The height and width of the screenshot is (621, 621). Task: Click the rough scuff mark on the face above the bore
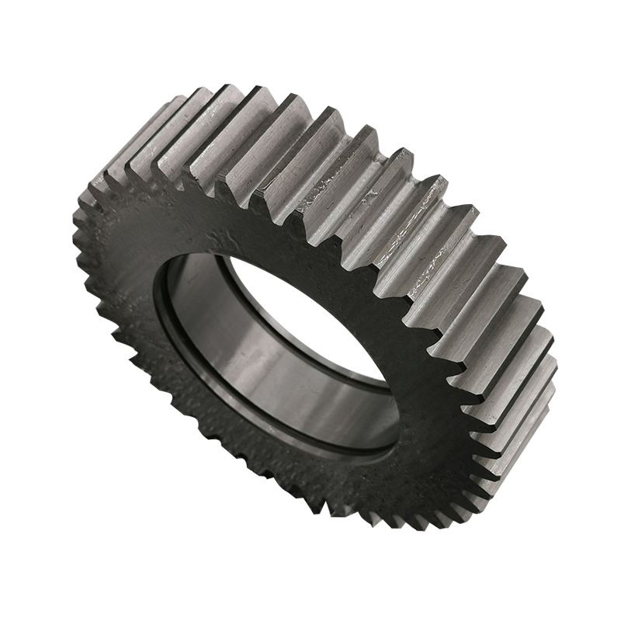225,233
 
